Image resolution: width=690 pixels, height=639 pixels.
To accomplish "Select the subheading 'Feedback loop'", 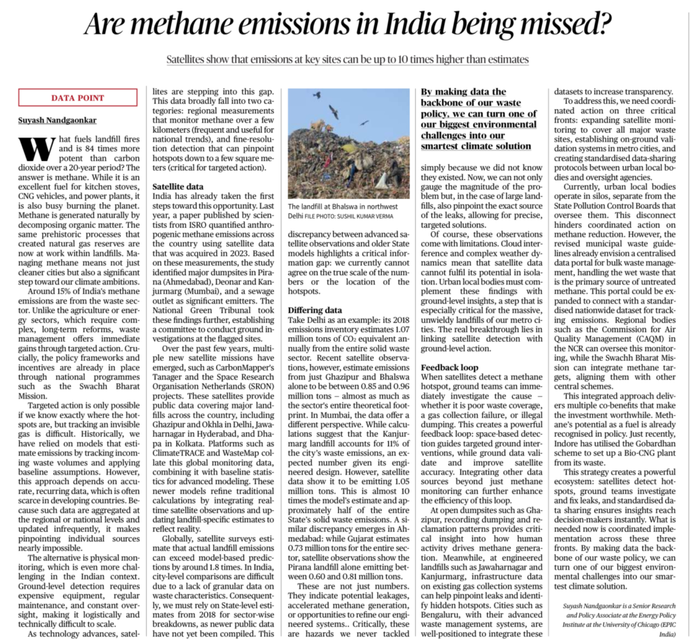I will (450, 367).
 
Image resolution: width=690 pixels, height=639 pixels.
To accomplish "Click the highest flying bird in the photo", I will (317, 95).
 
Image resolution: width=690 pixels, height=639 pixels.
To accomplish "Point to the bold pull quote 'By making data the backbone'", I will (476, 118).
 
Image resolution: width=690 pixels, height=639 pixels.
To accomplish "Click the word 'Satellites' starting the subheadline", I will (189, 59).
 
